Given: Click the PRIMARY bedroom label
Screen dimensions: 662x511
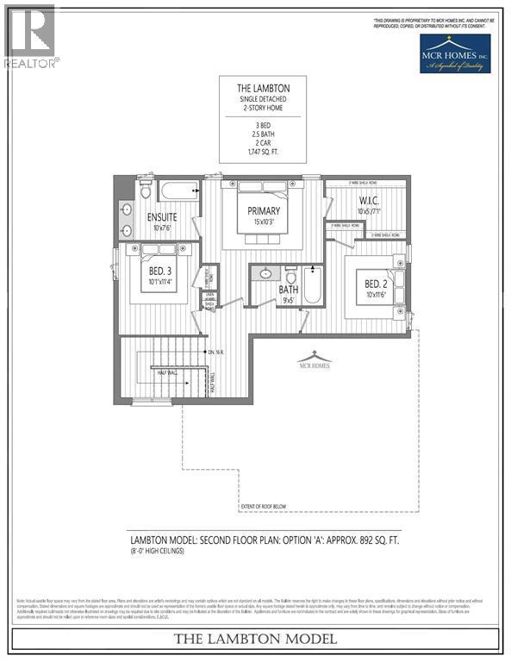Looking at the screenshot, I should [262, 210].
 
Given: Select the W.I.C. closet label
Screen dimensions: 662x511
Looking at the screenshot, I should [371, 204].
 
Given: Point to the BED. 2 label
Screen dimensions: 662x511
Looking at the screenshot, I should [377, 285].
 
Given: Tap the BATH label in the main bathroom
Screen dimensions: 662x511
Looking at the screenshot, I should [289, 290].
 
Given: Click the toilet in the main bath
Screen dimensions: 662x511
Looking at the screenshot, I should [291, 276].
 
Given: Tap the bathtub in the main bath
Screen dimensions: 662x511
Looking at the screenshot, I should [312, 285].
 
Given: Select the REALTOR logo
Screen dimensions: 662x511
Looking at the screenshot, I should [30, 36].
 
